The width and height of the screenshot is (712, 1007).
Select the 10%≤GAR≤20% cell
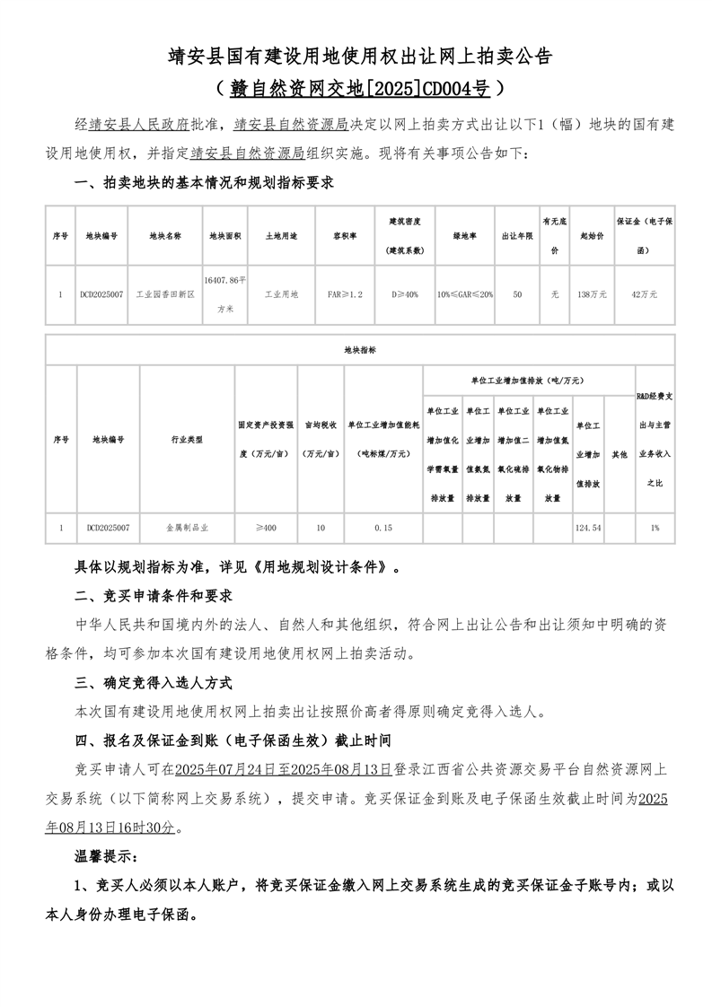(464, 293)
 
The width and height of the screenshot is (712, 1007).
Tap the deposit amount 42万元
(644, 293)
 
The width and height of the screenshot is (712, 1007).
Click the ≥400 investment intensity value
(266, 528)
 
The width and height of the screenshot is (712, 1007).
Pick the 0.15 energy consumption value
(383, 528)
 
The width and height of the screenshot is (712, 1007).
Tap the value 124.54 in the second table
(588, 528)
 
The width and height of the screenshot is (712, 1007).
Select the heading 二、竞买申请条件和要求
(154, 596)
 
